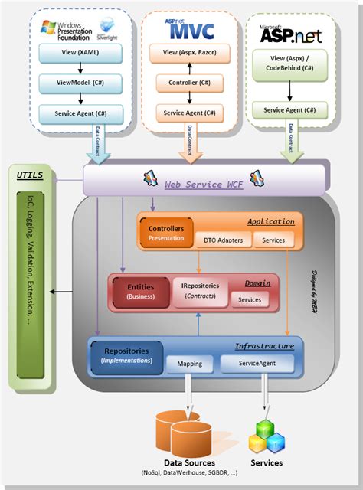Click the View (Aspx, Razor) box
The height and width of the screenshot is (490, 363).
[x=183, y=54]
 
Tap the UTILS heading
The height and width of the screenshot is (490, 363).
[x=30, y=175]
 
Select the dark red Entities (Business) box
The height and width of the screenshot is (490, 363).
[x=141, y=291]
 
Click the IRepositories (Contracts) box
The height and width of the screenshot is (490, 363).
[x=201, y=291]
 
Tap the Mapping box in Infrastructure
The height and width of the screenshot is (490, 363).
[x=189, y=365]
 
